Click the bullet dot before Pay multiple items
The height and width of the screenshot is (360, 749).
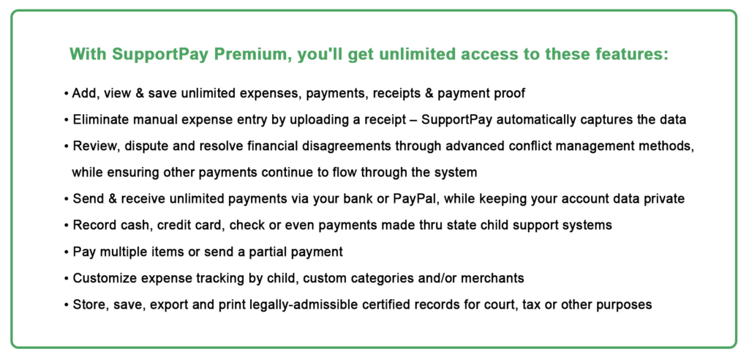(x=66, y=252)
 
